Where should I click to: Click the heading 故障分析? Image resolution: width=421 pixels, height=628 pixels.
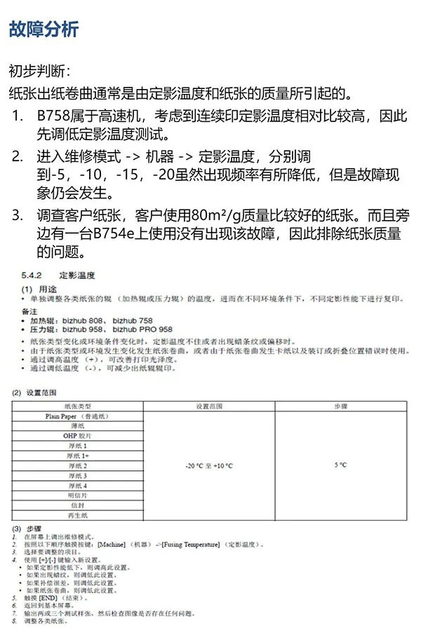[44, 29]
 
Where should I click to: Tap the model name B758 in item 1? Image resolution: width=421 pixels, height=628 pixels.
[55, 116]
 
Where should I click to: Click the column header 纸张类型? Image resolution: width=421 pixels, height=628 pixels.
[77, 406]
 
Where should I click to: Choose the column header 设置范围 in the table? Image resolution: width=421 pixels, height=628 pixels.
[208, 406]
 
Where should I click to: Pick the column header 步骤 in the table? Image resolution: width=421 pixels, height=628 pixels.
[340, 406]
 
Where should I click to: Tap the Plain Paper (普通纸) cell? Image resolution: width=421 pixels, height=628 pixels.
[77, 416]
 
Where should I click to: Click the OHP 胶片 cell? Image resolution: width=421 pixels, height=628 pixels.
[77, 436]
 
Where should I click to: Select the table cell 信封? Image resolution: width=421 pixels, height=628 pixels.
[77, 505]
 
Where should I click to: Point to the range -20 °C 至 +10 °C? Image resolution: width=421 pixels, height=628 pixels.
[208, 465]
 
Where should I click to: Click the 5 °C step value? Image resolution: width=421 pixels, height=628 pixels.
[340, 465]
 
